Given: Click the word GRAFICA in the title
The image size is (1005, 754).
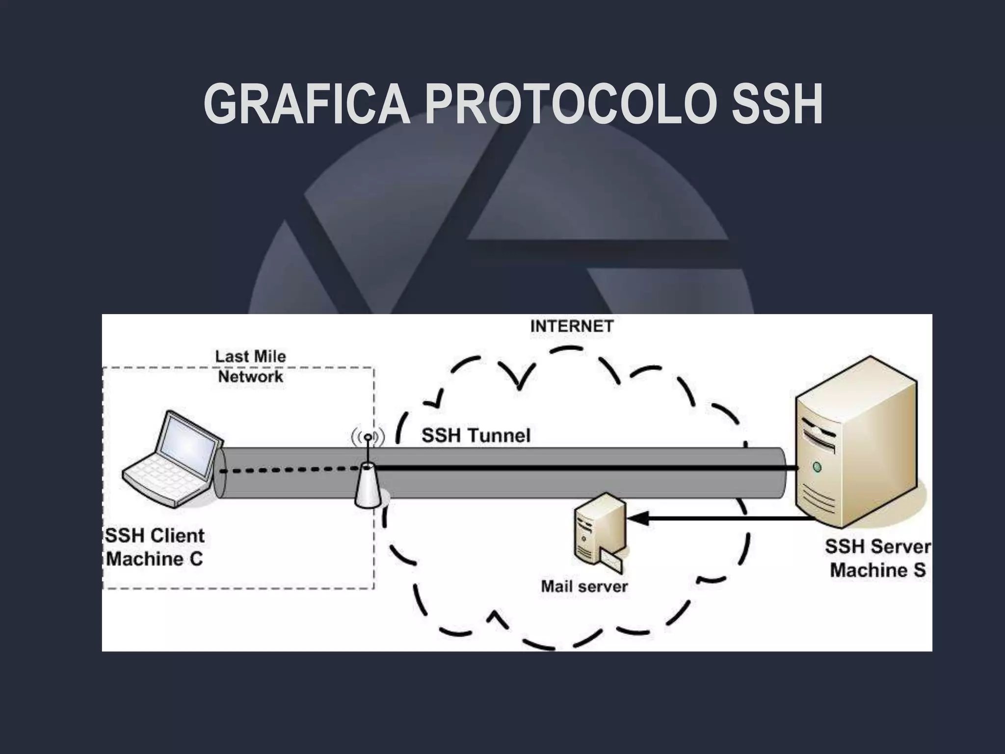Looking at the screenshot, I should click(x=307, y=104).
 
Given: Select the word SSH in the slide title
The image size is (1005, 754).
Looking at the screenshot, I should click(x=776, y=104).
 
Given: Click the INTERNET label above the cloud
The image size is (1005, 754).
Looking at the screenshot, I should click(x=572, y=326).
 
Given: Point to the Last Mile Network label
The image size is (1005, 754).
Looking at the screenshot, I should click(x=251, y=367).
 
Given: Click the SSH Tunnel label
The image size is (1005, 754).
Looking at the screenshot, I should click(x=476, y=435).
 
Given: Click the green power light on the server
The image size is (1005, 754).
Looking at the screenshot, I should click(x=817, y=466).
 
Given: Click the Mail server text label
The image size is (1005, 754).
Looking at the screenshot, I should click(x=584, y=586).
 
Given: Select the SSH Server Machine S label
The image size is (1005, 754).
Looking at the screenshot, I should click(x=877, y=558).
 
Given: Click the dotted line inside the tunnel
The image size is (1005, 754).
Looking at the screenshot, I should click(x=290, y=470).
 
